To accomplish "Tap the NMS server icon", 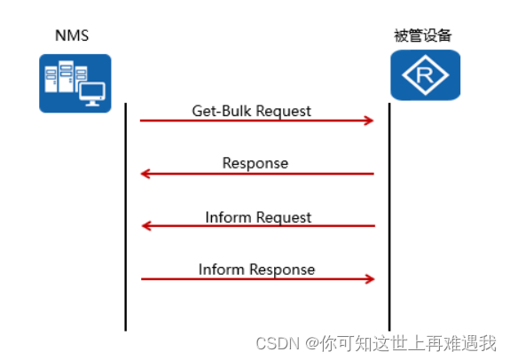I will click(x=75, y=82).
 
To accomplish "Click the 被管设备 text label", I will click(x=423, y=36).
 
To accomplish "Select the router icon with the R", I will click(x=426, y=75).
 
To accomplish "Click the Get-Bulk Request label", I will click(x=252, y=111).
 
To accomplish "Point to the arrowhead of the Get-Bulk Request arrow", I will click(x=370, y=121).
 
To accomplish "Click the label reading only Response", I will click(x=255, y=163).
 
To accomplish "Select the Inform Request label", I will click(x=258, y=216).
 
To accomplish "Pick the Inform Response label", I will click(x=256, y=269).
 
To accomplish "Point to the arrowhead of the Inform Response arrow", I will click(x=370, y=279).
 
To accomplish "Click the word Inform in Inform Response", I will click(x=220, y=269).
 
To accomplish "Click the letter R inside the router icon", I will click(x=427, y=76).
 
